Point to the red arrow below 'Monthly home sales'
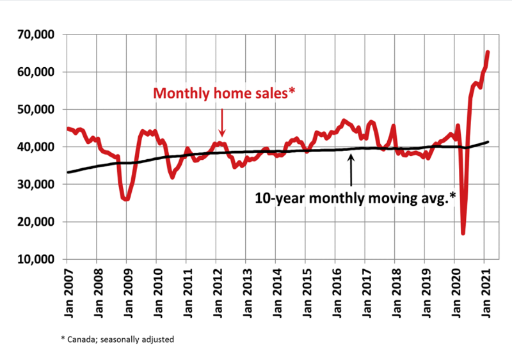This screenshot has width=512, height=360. pos(221,121)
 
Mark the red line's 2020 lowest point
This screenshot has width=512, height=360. pos(463,233)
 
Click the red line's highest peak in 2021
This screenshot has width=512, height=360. pos(488,52)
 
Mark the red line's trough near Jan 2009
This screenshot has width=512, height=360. pos(126,200)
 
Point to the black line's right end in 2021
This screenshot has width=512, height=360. pos(488,142)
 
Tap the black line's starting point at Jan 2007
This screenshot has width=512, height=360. pos(67,173)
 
